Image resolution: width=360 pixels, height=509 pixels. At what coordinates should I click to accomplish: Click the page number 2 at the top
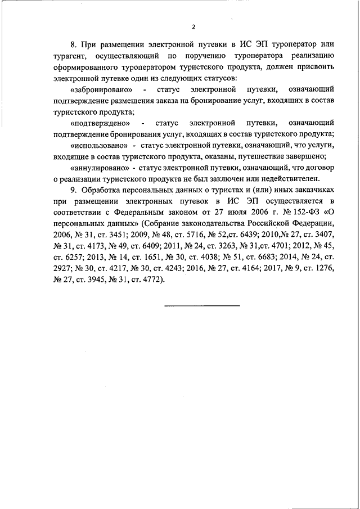[x=193, y=26]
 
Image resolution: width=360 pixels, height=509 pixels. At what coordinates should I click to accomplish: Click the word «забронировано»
[x=102, y=89]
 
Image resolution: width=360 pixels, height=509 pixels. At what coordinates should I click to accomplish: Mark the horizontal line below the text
[x=202, y=305]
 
